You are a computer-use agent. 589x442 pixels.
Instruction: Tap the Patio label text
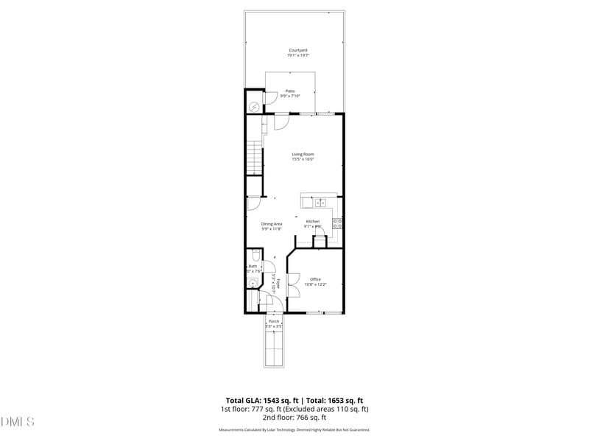click(x=290, y=91)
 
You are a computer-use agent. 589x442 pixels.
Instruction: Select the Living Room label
click(x=303, y=154)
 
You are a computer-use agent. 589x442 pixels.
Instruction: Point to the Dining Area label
click(x=272, y=224)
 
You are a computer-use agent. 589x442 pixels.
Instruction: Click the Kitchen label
click(x=313, y=222)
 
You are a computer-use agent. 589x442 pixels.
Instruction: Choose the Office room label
click(x=315, y=279)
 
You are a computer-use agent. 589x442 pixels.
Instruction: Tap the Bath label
click(x=253, y=267)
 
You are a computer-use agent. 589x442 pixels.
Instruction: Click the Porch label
click(x=273, y=321)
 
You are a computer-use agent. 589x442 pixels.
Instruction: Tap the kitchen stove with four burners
click(x=337, y=223)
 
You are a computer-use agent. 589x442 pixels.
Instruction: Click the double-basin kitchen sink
click(x=321, y=203)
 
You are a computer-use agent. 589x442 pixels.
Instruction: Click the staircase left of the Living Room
click(x=254, y=157)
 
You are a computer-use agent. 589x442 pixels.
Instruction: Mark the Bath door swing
click(x=268, y=267)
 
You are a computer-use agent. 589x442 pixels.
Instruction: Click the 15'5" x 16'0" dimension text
click(x=303, y=159)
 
